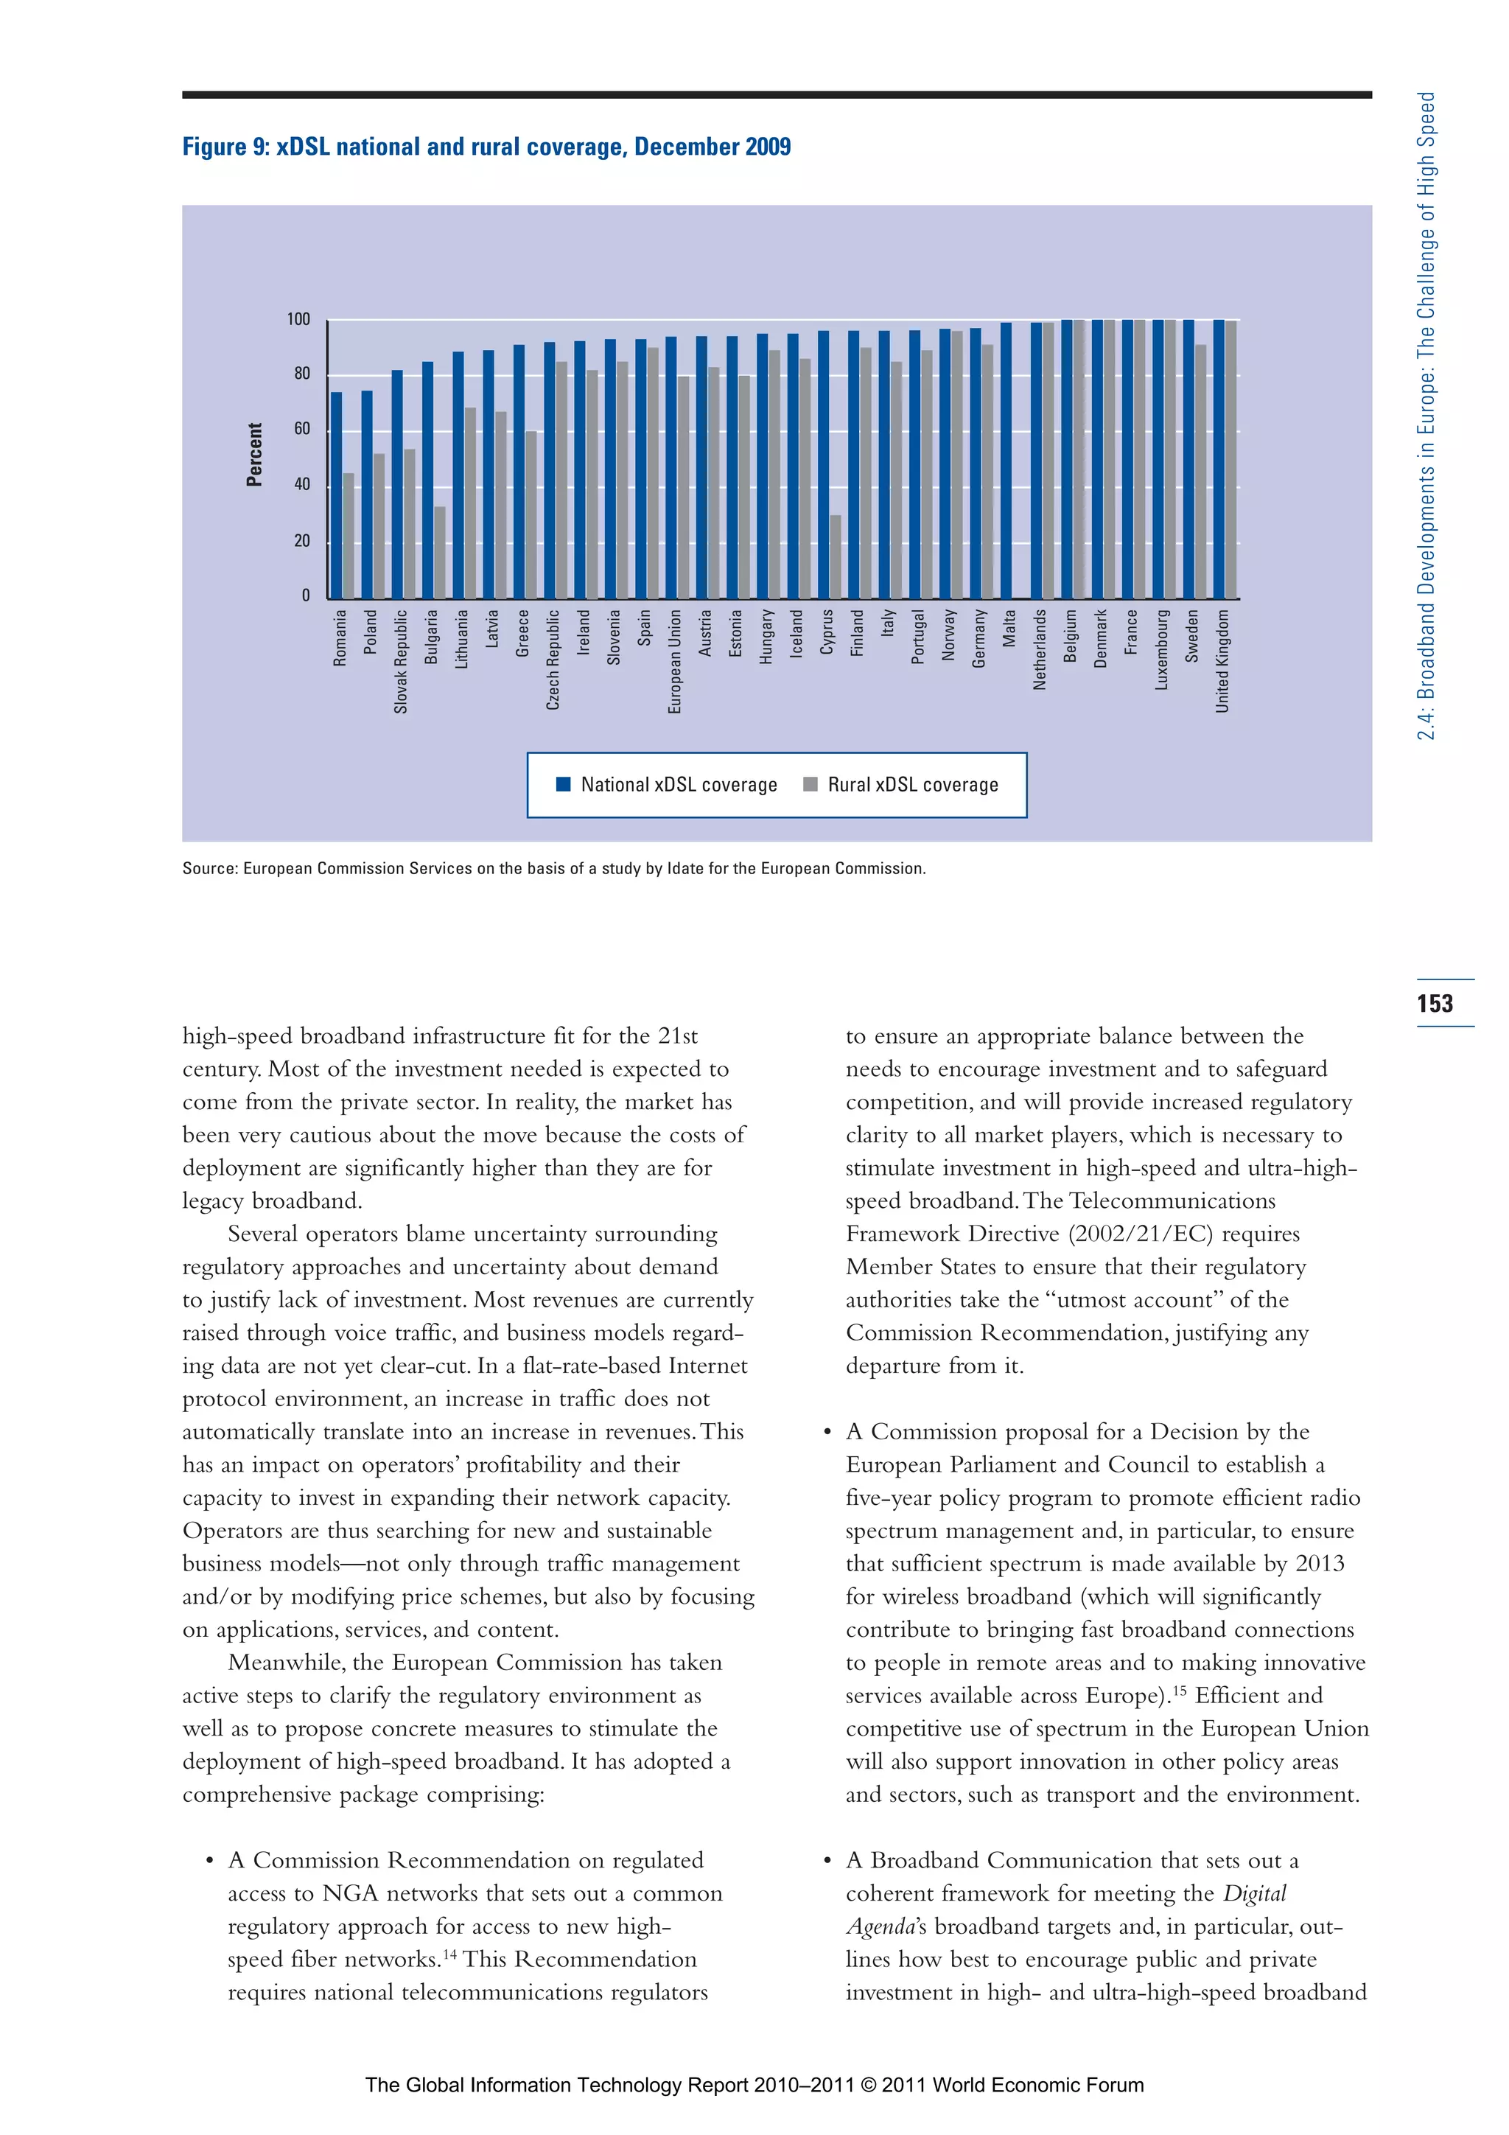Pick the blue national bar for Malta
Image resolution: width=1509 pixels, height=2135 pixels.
(x=1006, y=461)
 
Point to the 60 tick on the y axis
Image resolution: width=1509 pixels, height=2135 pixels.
(x=301, y=430)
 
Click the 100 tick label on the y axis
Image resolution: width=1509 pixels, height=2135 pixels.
(x=298, y=320)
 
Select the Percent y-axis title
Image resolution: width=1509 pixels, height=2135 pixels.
(x=253, y=455)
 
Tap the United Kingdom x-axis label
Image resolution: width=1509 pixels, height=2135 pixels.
(x=1222, y=661)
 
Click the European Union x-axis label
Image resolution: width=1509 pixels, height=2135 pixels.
(x=674, y=661)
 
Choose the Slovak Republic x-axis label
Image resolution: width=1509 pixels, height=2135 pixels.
(x=401, y=661)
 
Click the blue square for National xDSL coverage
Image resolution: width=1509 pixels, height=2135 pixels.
(x=562, y=784)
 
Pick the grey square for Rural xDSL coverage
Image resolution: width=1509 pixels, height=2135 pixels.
(x=810, y=784)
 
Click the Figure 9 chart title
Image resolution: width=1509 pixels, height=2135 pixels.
(x=486, y=147)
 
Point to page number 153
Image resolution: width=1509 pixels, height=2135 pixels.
(x=1435, y=1003)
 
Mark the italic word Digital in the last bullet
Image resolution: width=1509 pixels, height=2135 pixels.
(x=1254, y=1894)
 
